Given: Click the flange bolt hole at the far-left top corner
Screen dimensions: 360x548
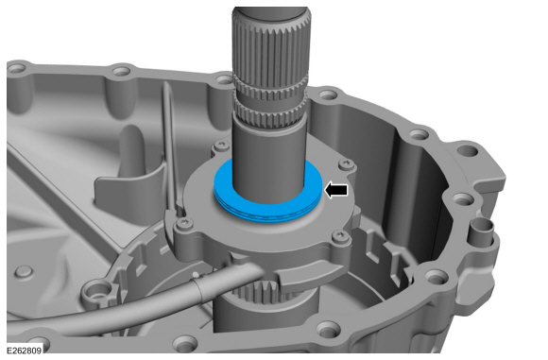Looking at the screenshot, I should tap(15, 70).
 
